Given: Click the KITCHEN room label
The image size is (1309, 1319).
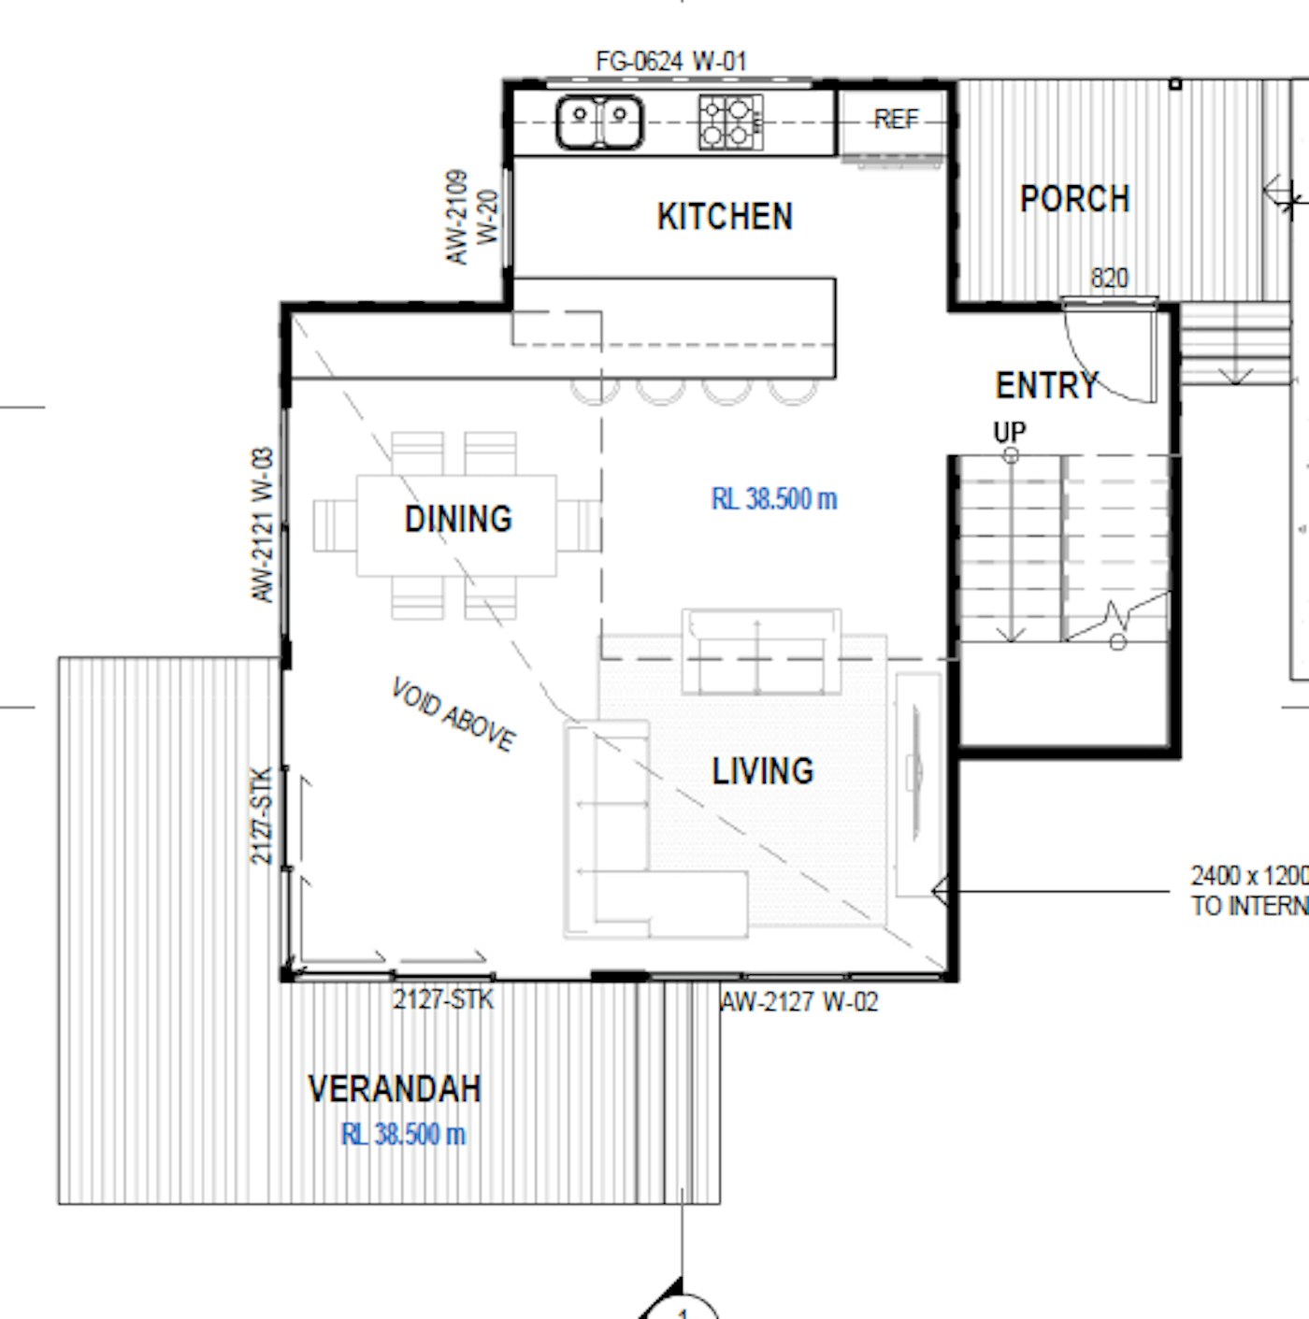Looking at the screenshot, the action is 725,216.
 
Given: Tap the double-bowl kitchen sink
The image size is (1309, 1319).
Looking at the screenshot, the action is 599,122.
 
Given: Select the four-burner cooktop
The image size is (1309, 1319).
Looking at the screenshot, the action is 730,122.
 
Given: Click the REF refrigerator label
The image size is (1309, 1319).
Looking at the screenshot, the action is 896,120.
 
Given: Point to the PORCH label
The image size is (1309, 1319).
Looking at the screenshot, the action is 1074,199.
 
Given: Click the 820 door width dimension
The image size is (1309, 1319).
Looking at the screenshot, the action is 1110,278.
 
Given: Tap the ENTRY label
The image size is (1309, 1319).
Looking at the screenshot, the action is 1046,386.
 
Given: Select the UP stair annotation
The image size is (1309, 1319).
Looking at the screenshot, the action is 1010,432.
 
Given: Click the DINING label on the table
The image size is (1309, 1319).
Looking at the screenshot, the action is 459,519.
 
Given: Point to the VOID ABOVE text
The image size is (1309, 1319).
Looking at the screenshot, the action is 453,714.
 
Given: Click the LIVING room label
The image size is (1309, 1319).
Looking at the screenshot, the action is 763,771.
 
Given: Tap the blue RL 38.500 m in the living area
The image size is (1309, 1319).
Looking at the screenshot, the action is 774,499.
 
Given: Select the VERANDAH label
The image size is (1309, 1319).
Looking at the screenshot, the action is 395,1088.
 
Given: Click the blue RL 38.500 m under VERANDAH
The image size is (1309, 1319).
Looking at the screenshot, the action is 403,1135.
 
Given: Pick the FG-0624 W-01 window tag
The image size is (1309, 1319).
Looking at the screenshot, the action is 671,62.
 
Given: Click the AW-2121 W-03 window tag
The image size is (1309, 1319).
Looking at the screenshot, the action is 263,525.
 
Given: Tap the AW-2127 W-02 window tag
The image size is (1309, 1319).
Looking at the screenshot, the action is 798,1002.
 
